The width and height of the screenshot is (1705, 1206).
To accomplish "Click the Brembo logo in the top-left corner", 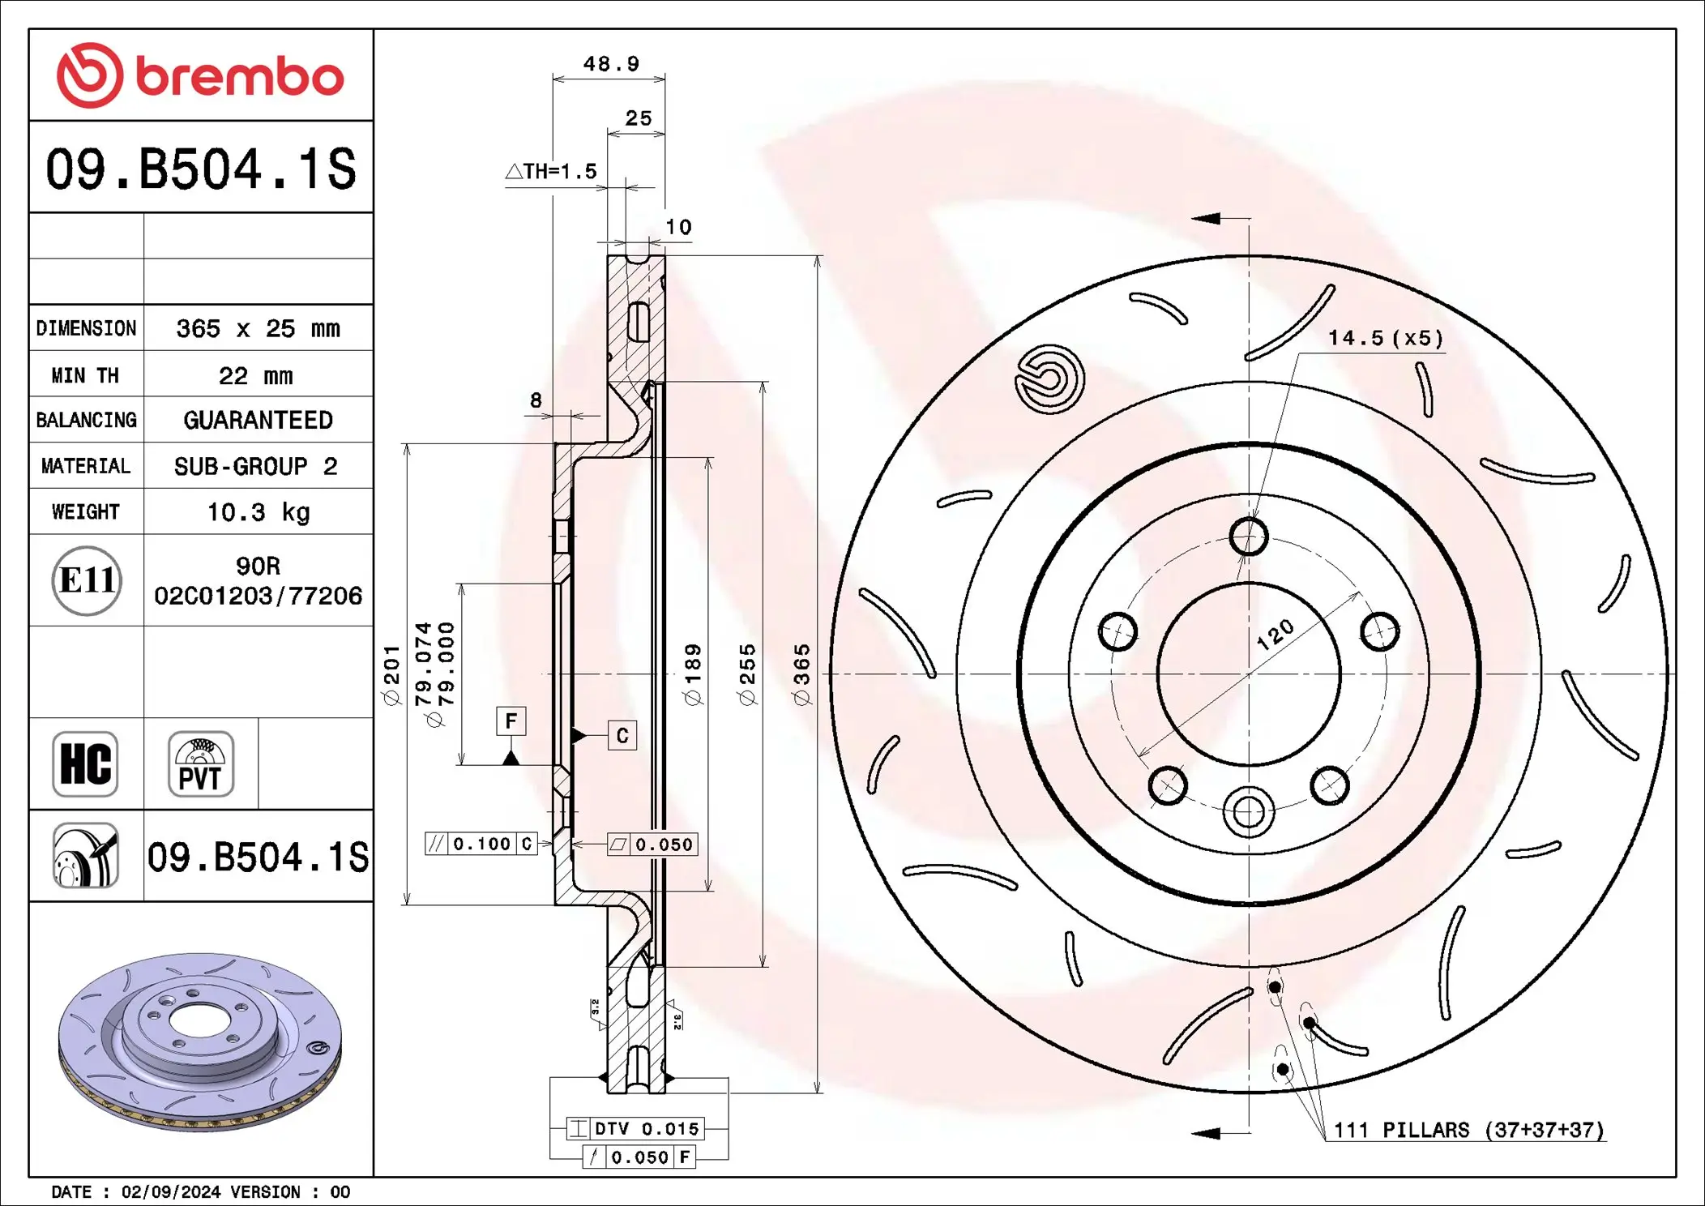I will (200, 75).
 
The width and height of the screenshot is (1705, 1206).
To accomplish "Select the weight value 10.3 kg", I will (258, 512).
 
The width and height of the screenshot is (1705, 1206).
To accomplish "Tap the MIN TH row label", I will (85, 375).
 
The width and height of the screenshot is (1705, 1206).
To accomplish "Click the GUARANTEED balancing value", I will (258, 420).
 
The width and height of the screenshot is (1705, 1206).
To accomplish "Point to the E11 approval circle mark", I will (87, 580).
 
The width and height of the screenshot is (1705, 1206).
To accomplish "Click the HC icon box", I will (85, 764).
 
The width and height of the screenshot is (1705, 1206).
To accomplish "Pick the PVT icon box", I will (200, 764).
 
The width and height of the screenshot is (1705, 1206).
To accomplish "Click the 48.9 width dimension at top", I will (611, 64).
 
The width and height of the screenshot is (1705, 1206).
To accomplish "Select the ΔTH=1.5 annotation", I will (552, 172).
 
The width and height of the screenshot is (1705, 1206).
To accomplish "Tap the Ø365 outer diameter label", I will (801, 674).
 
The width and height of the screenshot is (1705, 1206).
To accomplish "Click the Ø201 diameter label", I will (391, 674).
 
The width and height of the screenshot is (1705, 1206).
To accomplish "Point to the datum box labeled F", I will (511, 721).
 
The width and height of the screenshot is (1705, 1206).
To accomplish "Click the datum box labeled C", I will (622, 735).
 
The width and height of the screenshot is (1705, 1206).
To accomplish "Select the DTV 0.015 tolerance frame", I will (635, 1128).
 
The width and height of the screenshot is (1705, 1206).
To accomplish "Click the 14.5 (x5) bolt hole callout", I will (1385, 338).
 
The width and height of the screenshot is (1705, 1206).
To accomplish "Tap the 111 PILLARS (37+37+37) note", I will (1468, 1130).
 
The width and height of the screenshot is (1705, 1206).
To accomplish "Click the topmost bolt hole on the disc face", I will (1248, 537).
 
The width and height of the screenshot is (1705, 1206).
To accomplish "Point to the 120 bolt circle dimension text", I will (1276, 635).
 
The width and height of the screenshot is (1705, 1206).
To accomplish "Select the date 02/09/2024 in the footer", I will (170, 1191).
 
